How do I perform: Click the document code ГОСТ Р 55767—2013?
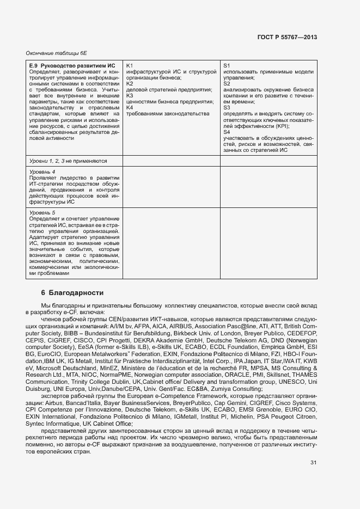click(286, 37)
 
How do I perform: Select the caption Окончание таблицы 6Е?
click(56, 53)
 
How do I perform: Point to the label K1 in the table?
click(130, 65)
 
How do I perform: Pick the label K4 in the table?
click(130, 107)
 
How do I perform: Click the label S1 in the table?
click(227, 65)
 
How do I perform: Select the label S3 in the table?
click(227, 107)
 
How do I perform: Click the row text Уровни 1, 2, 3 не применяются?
click(68, 161)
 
